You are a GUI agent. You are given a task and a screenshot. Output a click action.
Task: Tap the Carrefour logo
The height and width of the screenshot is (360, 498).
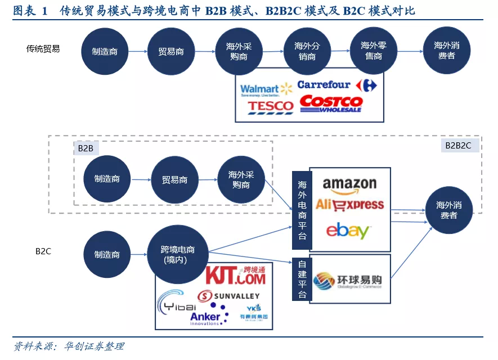[337, 85]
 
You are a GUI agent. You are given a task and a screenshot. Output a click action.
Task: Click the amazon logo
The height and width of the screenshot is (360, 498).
[349, 184]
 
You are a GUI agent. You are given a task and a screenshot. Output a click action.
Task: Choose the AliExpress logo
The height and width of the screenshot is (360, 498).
[349, 205]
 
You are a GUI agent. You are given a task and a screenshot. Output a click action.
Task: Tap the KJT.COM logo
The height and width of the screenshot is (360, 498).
[235, 276]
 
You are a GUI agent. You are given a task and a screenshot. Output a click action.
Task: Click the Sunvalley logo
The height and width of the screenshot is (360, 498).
[228, 296]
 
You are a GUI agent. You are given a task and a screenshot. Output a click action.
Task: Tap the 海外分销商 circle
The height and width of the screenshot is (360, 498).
[307, 51]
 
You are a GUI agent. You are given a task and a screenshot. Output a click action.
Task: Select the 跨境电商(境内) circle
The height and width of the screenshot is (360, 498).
[178, 255]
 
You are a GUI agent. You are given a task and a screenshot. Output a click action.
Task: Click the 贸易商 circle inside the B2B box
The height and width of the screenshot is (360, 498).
[174, 180]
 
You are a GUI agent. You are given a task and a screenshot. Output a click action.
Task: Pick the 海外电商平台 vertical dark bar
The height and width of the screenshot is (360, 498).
[302, 209]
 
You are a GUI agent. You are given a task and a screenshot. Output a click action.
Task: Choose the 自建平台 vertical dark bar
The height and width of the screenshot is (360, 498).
[302, 280]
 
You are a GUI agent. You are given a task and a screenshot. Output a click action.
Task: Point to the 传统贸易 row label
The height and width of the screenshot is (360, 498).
[43, 49]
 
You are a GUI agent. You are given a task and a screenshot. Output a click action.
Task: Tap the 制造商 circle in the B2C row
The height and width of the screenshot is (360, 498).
[107, 255]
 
